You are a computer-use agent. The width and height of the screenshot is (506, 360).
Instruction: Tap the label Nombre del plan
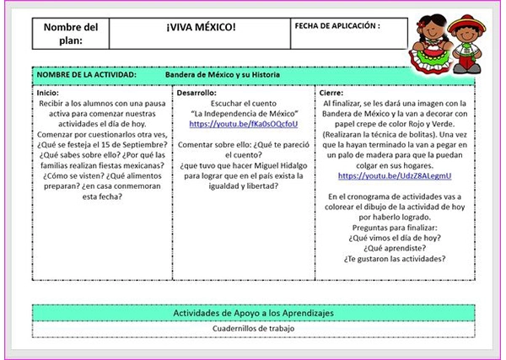(70, 33)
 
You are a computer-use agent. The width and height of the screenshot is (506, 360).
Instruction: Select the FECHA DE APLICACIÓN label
(337, 25)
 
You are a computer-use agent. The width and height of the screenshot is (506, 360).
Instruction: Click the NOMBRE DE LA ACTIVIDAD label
(87, 75)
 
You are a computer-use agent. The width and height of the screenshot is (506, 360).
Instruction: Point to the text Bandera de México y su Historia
(223, 75)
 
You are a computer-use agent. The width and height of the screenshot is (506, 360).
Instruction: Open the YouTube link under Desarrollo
(243, 124)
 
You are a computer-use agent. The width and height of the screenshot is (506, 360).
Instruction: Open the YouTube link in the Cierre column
(395, 176)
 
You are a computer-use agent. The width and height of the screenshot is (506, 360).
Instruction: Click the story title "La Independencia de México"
(243, 113)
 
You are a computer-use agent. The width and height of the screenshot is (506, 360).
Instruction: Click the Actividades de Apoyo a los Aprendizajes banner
(253, 312)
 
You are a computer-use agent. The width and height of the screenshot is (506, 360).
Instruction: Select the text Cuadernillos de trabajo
(253, 328)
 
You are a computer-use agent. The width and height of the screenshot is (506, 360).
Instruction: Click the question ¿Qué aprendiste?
(395, 250)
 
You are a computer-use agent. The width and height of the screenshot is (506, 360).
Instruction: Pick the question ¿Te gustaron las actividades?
(395, 261)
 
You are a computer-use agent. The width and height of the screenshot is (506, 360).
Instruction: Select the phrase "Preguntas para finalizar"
(395, 228)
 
